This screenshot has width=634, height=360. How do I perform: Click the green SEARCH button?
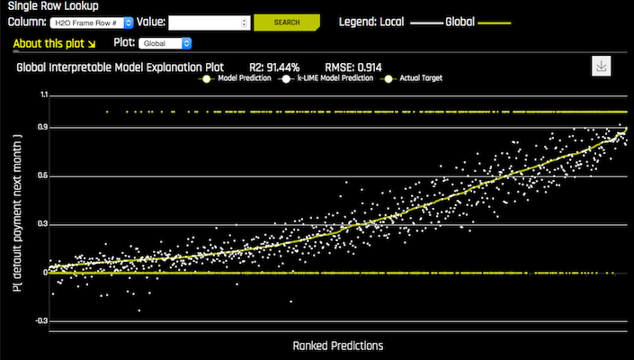click(x=287, y=22)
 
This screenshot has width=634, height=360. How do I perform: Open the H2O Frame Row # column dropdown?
click(x=91, y=22)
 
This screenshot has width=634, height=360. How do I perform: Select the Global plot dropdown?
click(x=165, y=42)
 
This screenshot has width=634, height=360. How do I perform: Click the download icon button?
click(x=603, y=67)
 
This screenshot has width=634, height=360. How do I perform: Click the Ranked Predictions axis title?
click(x=337, y=345)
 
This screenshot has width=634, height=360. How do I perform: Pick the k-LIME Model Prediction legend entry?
click(x=331, y=78)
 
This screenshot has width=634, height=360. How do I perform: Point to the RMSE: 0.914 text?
click(x=352, y=67)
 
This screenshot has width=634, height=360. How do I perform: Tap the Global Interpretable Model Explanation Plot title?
click(x=120, y=67)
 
